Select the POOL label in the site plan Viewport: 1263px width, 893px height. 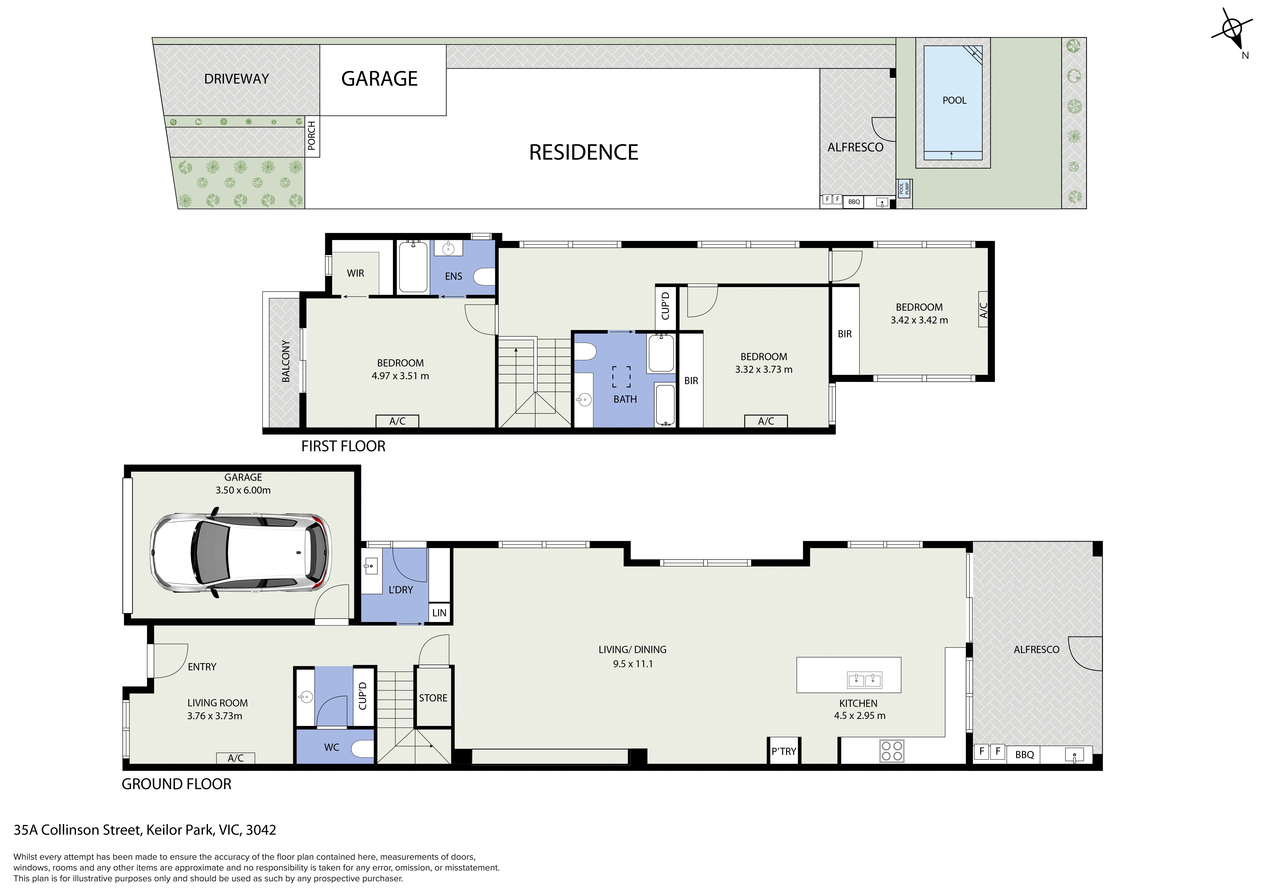pos(954,100)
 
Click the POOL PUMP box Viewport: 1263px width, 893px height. pos(904,189)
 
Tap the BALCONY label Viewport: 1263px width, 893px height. pos(286,361)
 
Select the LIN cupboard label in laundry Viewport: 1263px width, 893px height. pos(440,612)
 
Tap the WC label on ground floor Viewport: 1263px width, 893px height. pos(332,747)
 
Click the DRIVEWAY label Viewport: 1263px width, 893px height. pos(237,79)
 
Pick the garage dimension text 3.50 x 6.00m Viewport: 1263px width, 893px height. pos(243,490)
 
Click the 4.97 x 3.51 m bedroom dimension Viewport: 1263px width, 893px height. pos(401,376)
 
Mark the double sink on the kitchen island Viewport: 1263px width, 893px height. pos(865,680)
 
